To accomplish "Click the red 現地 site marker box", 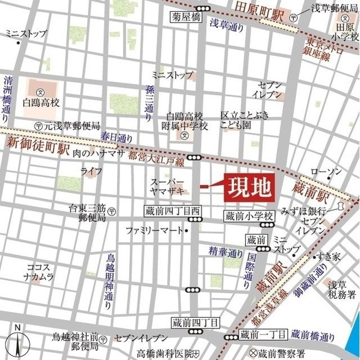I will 249,185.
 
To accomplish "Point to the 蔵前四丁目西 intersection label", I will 172,210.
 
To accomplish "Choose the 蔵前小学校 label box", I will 248,215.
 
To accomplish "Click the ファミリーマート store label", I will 154,230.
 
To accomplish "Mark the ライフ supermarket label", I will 91,171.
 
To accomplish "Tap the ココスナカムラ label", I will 39,272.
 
